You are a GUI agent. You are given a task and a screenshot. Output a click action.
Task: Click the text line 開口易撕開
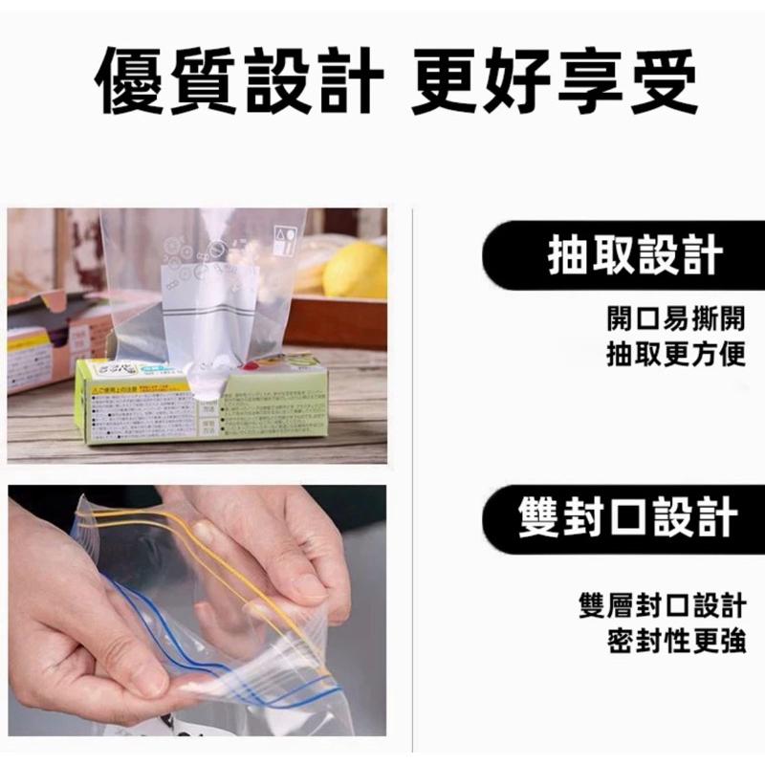click(675, 318)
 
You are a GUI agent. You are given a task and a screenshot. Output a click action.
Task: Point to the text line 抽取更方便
click(675, 355)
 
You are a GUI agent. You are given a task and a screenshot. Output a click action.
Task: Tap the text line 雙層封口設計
click(662, 605)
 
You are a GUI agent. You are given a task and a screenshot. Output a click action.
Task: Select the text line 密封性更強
click(675, 642)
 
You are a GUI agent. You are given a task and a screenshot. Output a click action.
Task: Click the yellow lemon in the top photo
click(355, 271)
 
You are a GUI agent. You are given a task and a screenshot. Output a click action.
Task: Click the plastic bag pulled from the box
click(206, 287)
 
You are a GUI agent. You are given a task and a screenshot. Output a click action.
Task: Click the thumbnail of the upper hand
click(203, 532)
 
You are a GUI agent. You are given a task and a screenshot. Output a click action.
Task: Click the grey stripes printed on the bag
click(206, 317)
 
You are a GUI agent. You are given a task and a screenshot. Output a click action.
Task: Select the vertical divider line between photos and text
click(412, 478)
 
